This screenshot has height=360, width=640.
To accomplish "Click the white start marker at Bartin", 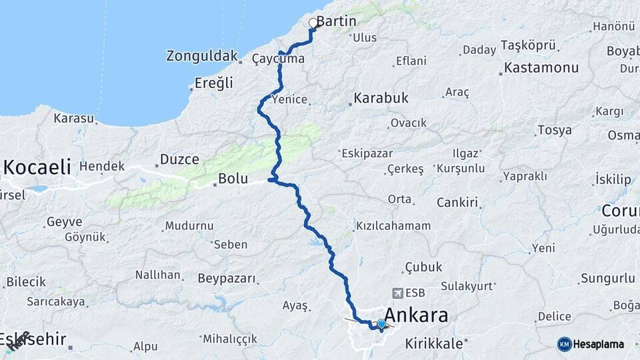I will [x=313, y=23].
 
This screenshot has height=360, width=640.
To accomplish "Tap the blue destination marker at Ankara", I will [x=381, y=324].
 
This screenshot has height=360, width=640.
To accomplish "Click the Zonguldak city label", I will [x=201, y=55].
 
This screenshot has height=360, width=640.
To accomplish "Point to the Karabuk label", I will [x=381, y=98].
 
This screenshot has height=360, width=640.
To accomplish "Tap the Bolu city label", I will [x=233, y=179].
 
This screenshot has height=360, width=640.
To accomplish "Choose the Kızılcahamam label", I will [x=393, y=225].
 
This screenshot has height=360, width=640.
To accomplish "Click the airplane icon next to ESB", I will [x=398, y=293].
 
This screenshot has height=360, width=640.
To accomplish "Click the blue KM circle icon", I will [x=564, y=344].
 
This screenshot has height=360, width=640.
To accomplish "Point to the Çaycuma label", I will [x=278, y=59].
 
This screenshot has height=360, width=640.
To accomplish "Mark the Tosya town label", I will [x=555, y=130].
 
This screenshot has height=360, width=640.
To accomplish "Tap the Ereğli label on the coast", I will [x=213, y=83].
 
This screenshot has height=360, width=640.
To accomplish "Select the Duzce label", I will [x=179, y=159].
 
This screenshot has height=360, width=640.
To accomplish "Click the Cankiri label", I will [x=458, y=202].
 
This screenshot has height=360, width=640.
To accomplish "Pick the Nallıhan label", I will [x=158, y=275].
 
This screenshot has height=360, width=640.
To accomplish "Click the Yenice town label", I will [x=290, y=100].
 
